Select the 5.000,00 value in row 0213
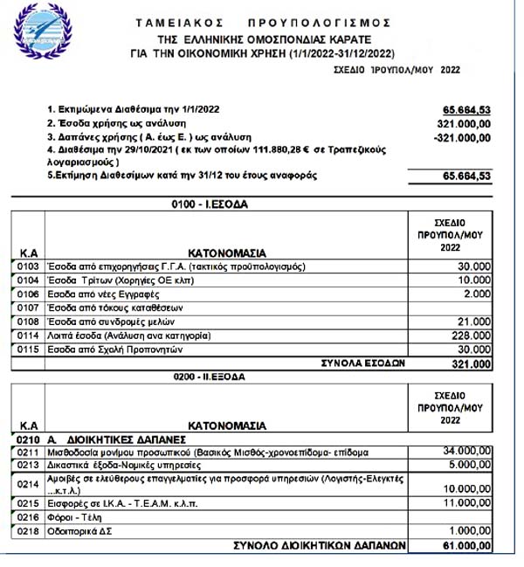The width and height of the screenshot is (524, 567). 467,466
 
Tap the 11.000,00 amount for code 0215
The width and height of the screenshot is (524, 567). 464,504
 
